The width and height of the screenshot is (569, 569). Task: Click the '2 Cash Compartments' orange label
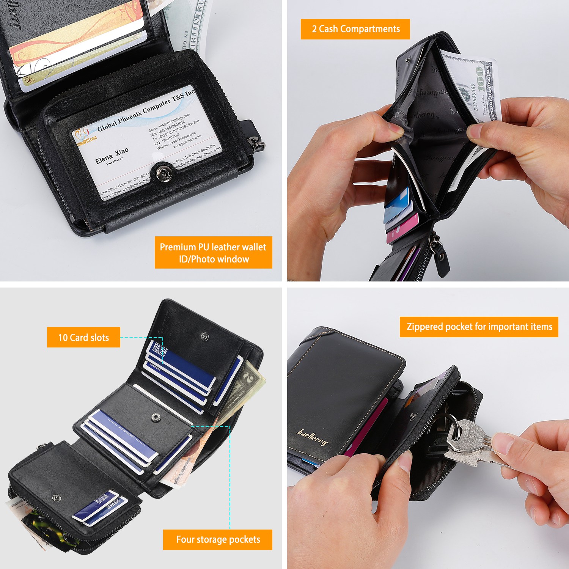[355, 29]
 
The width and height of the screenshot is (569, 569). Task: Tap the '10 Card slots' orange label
[83, 337]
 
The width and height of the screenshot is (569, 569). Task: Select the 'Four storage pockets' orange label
[218, 539]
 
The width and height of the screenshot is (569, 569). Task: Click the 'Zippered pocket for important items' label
[479, 327]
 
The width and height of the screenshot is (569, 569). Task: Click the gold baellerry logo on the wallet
[312, 437]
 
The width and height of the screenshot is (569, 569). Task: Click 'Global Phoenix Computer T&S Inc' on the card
[146, 110]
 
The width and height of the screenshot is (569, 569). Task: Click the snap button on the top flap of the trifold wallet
[204, 336]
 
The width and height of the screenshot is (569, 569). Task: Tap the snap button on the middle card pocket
[156, 418]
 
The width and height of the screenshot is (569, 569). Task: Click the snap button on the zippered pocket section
[57, 498]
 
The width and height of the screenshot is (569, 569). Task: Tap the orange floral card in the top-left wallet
[76, 42]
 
